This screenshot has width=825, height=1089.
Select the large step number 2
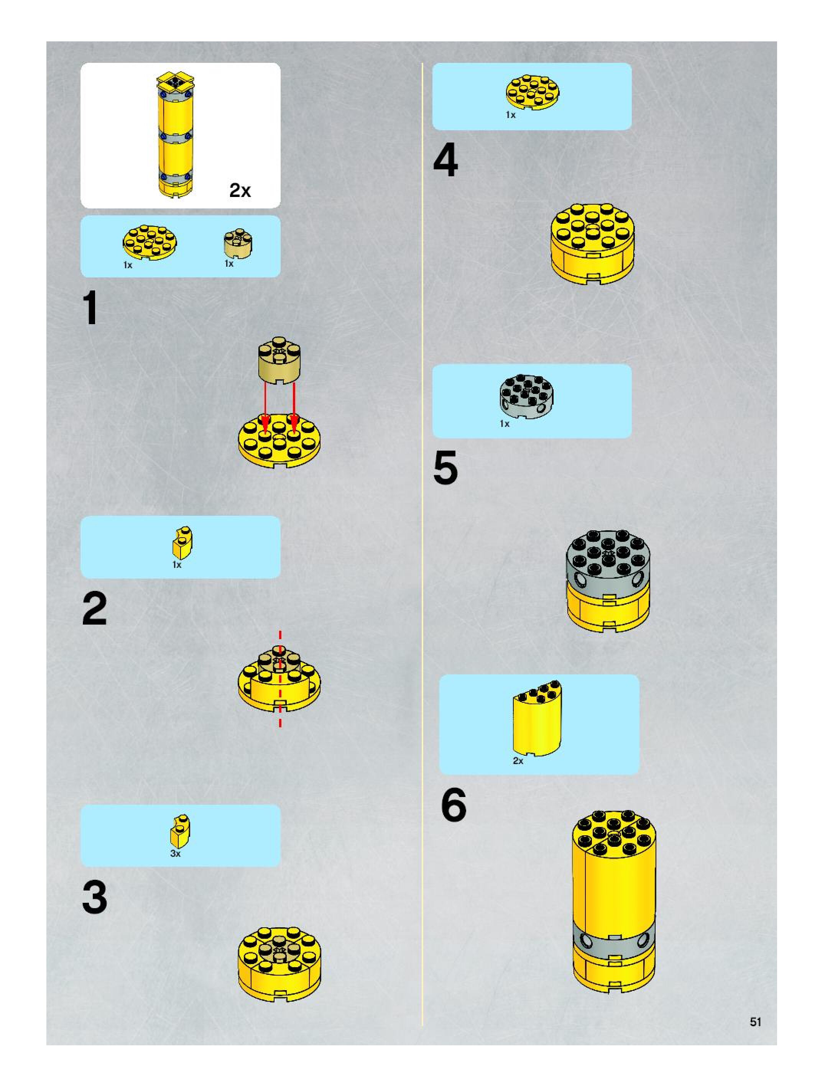pos(95,608)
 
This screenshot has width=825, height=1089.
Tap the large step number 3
pos(95,897)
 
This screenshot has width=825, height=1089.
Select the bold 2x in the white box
pos(240,190)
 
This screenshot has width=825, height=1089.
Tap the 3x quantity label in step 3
pos(175,853)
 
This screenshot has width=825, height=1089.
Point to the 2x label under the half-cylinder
pos(518,761)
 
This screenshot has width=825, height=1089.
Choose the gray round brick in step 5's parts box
pos(526,397)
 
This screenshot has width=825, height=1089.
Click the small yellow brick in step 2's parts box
pos(182,543)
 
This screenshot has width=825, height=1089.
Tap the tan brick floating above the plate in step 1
pos(279,360)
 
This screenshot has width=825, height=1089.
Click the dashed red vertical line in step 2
pos(280,678)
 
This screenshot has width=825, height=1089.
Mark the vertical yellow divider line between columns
pos(422,544)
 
